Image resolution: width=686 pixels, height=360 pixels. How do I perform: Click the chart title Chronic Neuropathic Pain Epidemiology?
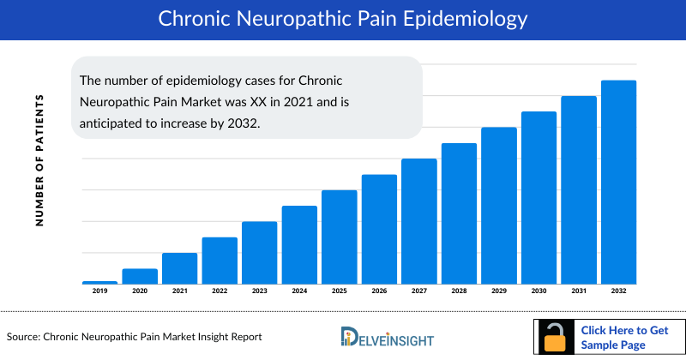pos(342,19)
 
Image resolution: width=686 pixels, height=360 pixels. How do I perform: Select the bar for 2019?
pos(99,282)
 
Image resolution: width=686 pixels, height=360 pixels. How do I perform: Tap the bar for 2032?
pos(617,182)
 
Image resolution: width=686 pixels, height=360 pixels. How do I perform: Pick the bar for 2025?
pos(339,237)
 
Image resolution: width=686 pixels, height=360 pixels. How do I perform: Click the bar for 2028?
pos(459,213)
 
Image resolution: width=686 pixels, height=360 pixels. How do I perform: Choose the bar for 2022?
pos(220,261)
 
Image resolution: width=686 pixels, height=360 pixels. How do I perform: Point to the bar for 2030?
pos(539,197)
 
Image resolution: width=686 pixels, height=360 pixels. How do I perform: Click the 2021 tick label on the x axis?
pos(179,291)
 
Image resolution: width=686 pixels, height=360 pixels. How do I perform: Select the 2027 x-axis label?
pos(418,291)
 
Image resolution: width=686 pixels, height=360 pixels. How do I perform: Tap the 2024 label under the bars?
pos(299,291)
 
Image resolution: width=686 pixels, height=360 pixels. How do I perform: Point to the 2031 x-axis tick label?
pos(578,291)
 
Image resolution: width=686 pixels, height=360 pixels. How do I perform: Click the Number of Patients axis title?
pos(39,160)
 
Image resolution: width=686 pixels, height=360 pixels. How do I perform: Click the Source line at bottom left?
pos(134,337)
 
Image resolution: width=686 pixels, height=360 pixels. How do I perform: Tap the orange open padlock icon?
pos(556,339)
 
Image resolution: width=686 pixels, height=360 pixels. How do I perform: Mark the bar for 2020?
pos(140,276)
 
